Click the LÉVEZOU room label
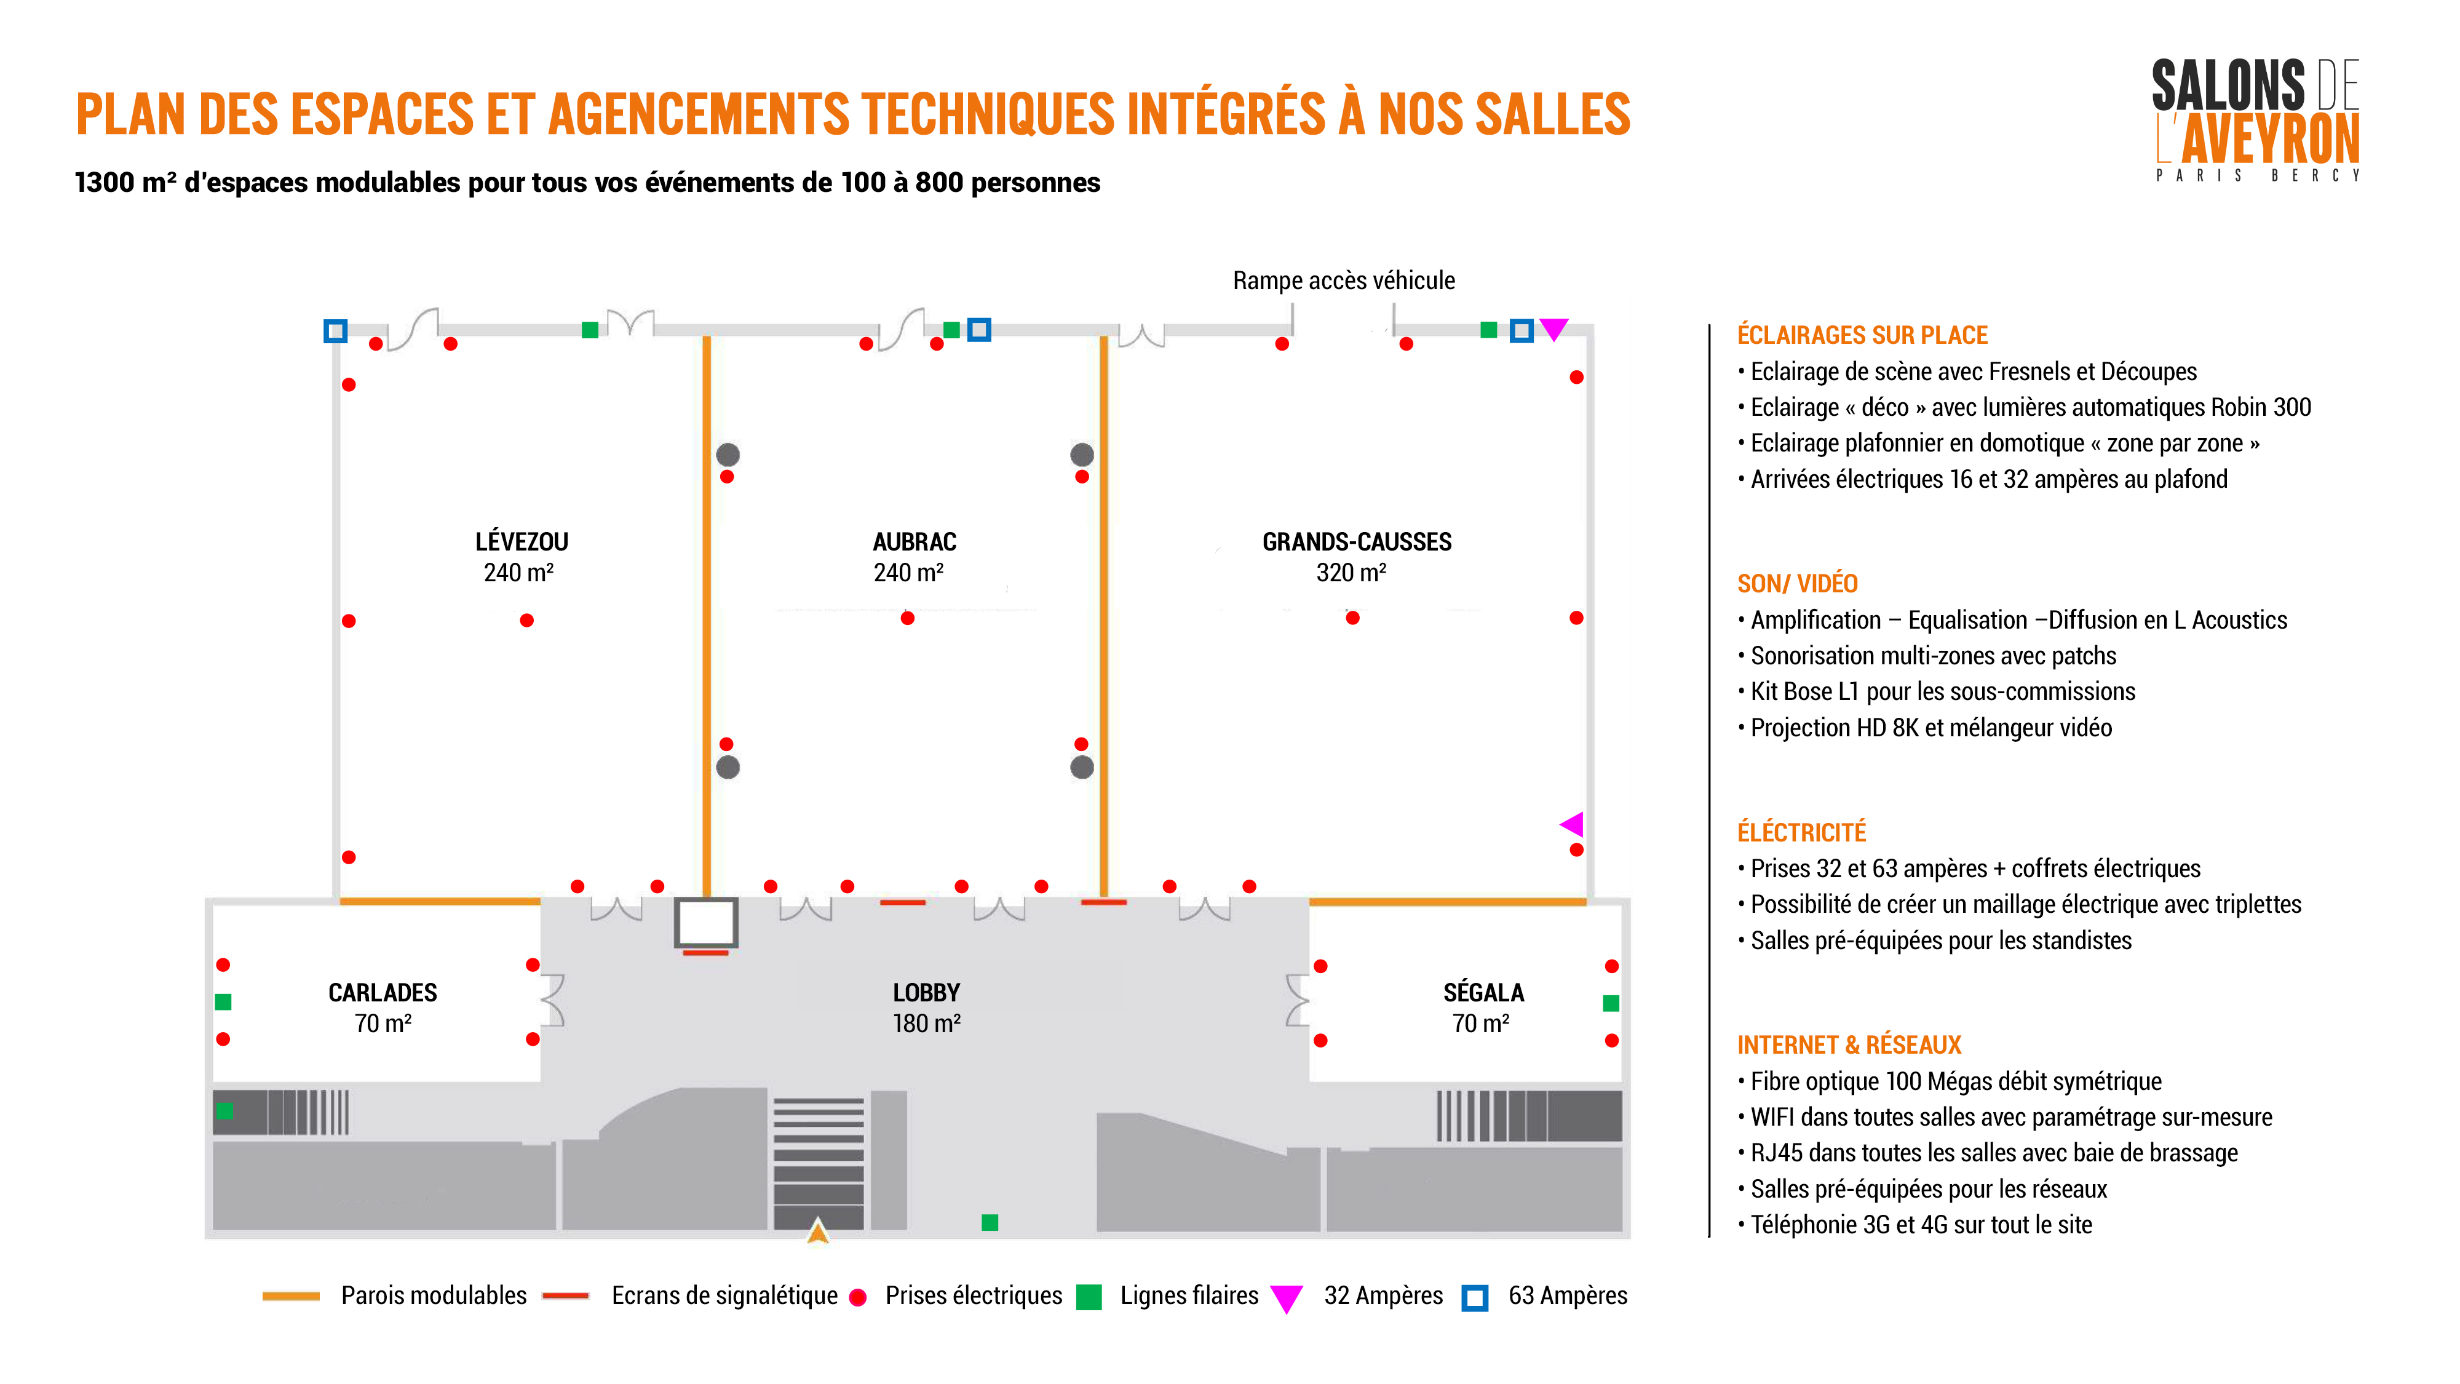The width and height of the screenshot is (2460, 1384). (x=522, y=541)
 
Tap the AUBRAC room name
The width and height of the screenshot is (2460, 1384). (x=914, y=541)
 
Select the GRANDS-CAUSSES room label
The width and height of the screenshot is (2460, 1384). (x=1356, y=541)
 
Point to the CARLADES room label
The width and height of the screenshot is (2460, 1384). (x=382, y=992)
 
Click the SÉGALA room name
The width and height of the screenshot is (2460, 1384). (x=1483, y=992)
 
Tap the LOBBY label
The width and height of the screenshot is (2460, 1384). (x=926, y=992)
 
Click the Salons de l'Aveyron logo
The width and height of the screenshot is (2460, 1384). (x=2256, y=119)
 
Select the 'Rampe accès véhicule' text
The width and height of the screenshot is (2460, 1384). (x=1344, y=281)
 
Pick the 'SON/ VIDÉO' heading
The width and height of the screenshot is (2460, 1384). (x=1797, y=584)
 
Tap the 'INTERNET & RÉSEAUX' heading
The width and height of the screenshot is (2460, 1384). (x=1849, y=1045)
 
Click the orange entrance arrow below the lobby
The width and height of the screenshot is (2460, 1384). (x=817, y=1231)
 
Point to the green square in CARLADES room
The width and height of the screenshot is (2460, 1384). (x=223, y=1002)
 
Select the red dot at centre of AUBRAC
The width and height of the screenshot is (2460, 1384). (x=907, y=618)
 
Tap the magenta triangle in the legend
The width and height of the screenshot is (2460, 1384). (x=1287, y=1298)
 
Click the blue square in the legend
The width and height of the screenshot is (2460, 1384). (x=1475, y=1298)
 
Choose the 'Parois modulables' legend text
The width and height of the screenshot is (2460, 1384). (x=434, y=1295)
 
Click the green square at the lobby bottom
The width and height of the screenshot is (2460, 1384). (x=990, y=1223)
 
